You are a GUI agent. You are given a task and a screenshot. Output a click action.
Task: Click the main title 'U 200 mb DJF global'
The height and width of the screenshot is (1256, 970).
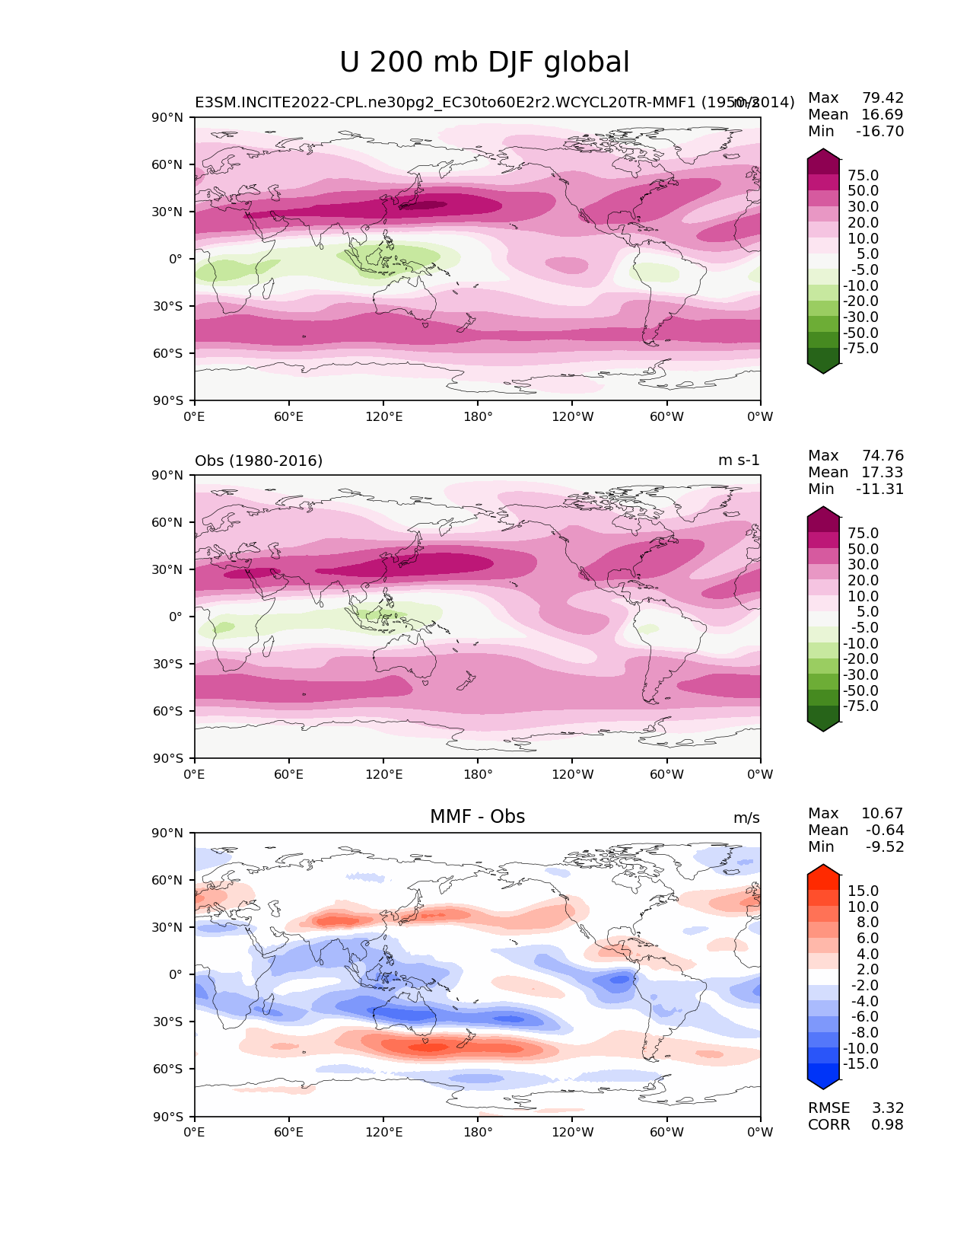pyautogui.click(x=485, y=62)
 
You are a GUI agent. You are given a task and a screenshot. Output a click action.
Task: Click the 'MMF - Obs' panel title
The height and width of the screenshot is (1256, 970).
pyautogui.click(x=477, y=817)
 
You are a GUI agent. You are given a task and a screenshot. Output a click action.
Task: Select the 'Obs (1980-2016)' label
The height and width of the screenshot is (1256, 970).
pyautogui.click(x=259, y=461)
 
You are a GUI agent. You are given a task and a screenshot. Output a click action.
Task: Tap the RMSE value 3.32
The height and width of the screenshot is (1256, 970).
pyautogui.click(x=888, y=1108)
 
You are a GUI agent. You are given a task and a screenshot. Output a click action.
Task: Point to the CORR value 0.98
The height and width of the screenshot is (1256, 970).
pyautogui.click(x=888, y=1124)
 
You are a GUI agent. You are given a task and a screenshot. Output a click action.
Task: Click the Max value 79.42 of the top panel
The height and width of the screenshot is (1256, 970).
pyautogui.click(x=883, y=97)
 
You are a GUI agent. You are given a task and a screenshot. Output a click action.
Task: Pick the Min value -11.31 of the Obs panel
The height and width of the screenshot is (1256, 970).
pyautogui.click(x=879, y=489)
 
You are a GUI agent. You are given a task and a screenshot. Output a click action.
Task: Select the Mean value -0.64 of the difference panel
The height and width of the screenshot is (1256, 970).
pyautogui.click(x=885, y=830)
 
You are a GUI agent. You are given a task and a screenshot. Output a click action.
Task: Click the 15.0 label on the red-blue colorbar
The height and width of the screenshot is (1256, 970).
pyautogui.click(x=863, y=891)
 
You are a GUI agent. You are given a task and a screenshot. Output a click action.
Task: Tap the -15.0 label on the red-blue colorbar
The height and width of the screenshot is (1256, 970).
pyautogui.click(x=860, y=1063)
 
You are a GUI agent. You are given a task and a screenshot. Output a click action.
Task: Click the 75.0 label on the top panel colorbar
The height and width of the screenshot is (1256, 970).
pyautogui.click(x=863, y=175)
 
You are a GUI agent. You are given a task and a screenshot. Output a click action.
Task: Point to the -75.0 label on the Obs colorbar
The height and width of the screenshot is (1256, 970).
pyautogui.click(x=860, y=706)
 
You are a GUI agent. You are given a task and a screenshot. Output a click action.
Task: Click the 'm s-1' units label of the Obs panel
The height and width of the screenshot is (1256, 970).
pyautogui.click(x=739, y=461)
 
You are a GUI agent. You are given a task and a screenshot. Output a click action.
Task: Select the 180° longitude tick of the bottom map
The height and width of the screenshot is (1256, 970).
pyautogui.click(x=478, y=1132)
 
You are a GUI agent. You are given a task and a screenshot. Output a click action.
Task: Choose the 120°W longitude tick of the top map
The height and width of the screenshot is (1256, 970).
pyautogui.click(x=573, y=416)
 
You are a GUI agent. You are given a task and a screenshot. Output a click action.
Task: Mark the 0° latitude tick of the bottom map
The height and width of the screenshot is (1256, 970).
pyautogui.click(x=175, y=974)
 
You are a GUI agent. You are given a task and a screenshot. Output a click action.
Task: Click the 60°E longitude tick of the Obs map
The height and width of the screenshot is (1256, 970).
pyautogui.click(x=289, y=774)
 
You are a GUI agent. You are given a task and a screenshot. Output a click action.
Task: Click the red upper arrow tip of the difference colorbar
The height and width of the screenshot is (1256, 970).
pyautogui.click(x=823, y=869)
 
